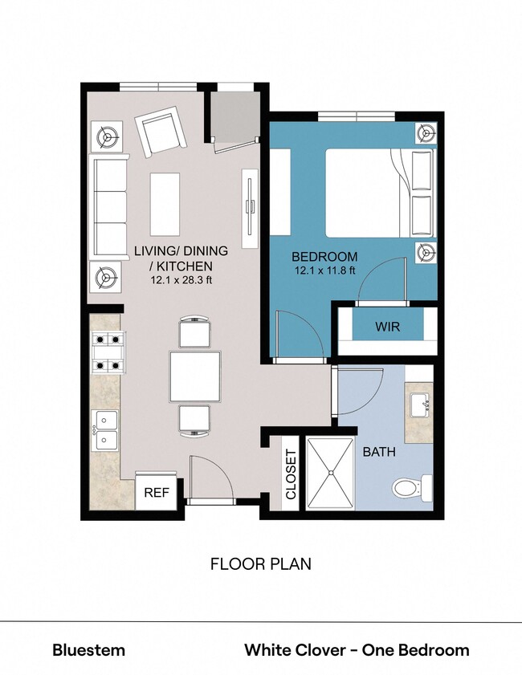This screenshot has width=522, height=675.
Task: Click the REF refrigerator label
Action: (156, 493)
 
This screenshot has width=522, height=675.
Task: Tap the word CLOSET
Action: (291, 474)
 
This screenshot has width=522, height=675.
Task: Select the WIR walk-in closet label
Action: (387, 327)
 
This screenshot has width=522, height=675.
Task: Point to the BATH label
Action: (379, 452)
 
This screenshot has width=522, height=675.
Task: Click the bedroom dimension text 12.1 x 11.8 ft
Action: (324, 271)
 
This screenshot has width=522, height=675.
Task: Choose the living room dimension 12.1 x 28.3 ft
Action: (181, 280)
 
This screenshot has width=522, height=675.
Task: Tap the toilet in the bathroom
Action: (412, 486)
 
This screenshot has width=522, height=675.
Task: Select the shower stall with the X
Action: (329, 474)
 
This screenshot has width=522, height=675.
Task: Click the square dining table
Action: (194, 377)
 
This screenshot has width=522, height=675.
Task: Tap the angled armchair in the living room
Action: (161, 134)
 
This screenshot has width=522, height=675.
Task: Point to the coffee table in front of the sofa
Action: (165, 204)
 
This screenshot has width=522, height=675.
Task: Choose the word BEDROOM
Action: (324, 257)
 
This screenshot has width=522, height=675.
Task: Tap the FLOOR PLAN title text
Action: (260, 563)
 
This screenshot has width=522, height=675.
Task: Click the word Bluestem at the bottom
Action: (88, 650)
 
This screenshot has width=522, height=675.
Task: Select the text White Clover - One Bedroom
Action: (357, 650)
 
